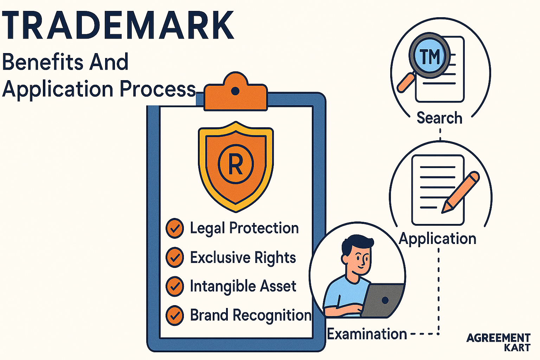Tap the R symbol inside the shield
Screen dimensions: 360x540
click(x=236, y=164)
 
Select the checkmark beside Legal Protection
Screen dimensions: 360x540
click(x=175, y=229)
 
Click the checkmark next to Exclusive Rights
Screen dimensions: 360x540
click(x=175, y=258)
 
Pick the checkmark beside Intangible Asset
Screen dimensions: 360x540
click(x=175, y=287)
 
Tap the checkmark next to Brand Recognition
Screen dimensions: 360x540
click(x=175, y=315)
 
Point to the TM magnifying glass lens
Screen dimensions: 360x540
click(x=429, y=56)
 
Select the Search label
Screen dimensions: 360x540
click(x=439, y=118)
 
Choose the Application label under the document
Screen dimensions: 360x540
click(x=438, y=239)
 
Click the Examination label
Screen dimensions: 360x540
click(x=367, y=334)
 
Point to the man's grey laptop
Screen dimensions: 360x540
click(x=383, y=300)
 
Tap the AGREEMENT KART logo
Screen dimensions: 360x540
click(x=499, y=342)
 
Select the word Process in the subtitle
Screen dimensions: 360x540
click(x=157, y=89)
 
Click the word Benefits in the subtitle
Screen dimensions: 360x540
click(x=43, y=62)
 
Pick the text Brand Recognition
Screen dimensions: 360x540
click(x=251, y=315)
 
